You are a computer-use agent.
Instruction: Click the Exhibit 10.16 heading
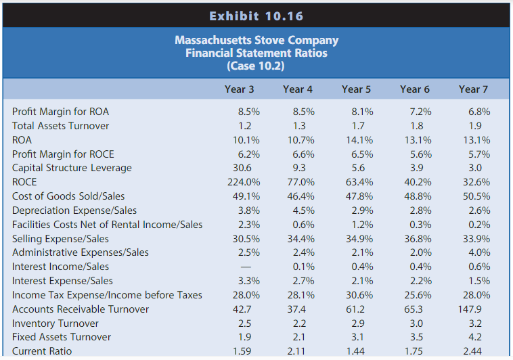[256, 16]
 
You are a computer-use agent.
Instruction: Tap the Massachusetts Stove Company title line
[256, 40]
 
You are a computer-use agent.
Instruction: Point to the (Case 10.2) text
[256, 66]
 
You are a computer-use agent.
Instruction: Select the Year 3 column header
[240, 89]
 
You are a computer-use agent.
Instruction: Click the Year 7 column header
[473, 89]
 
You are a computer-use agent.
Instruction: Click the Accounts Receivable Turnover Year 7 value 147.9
[476, 309]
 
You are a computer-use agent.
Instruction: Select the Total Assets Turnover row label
[60, 126]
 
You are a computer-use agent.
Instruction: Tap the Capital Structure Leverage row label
[72, 168]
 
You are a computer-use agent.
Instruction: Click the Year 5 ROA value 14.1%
[359, 140]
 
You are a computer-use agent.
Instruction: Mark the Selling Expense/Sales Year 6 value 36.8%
[418, 238]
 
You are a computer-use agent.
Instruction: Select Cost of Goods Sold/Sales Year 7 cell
[476, 196]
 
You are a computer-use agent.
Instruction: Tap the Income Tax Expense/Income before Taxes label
[107, 295]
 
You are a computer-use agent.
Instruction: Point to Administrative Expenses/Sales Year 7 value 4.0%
[478, 252]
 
